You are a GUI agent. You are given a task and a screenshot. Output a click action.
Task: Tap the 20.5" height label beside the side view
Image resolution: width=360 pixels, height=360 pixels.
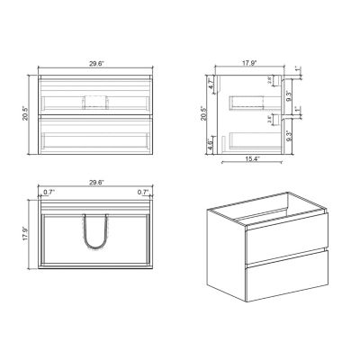pos(203,114)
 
